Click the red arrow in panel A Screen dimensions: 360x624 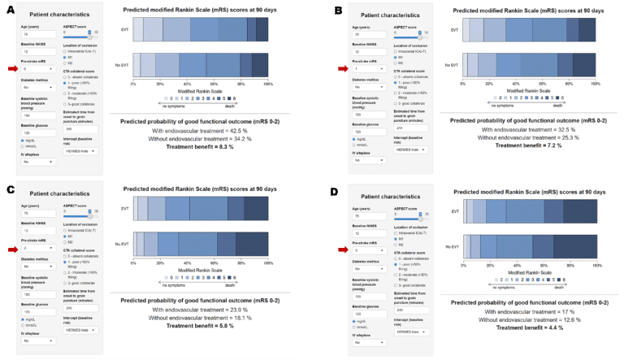click(x=11, y=69)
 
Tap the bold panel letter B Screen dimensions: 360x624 click(x=338, y=11)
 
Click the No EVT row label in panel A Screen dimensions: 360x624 click(x=123, y=64)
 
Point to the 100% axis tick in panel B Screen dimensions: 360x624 click(x=595, y=84)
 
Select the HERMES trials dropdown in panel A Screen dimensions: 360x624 click(x=82, y=150)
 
